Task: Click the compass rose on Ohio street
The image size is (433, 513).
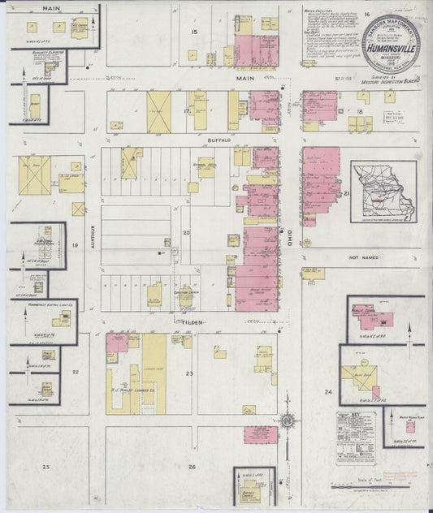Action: pos(288,420)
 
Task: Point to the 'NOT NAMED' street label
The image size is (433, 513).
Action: pos(364,257)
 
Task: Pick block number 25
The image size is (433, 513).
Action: pos(46,467)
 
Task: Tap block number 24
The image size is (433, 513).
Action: pos(328,392)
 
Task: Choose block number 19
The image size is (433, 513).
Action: pos(74,244)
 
